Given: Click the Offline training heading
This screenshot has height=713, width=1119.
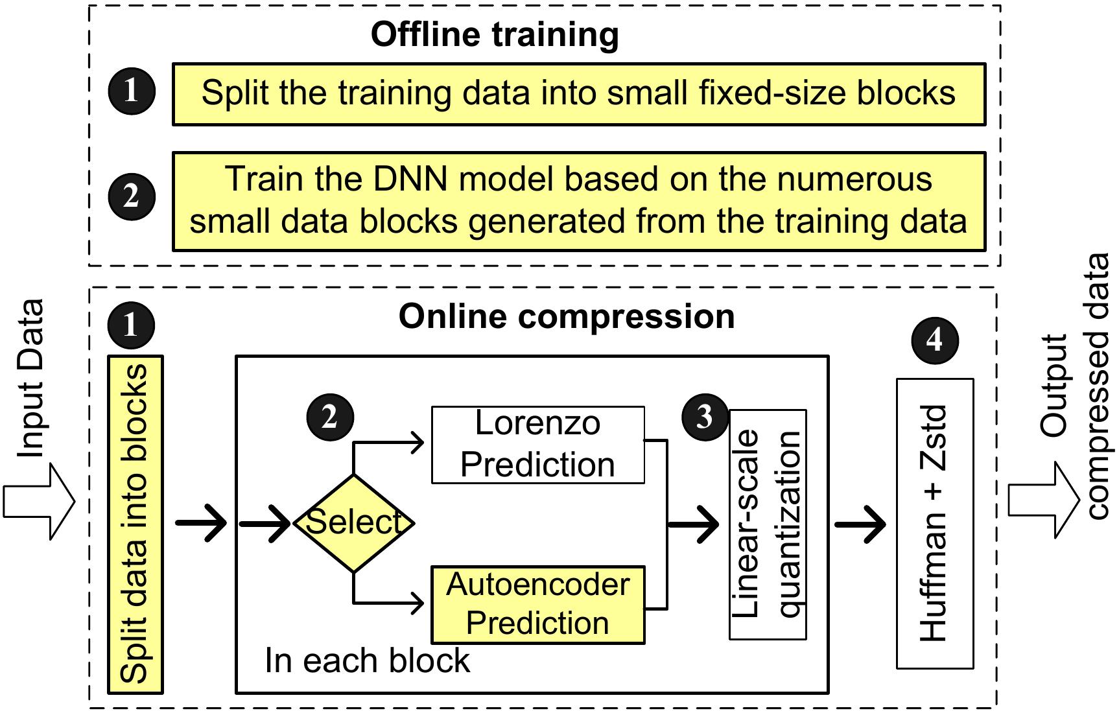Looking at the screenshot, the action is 495,36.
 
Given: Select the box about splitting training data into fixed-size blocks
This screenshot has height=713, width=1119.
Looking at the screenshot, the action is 579,94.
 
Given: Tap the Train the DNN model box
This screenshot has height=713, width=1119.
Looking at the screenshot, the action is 579,202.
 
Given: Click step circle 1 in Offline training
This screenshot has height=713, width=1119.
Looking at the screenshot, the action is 132,91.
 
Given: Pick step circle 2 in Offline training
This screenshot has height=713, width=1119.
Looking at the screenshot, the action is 132,196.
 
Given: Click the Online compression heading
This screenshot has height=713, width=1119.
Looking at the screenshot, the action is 567,317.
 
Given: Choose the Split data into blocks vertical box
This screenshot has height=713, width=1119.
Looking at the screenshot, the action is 135,524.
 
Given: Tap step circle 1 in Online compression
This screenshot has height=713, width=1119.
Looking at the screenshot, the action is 132,325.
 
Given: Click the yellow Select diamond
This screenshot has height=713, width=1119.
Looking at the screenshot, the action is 354,523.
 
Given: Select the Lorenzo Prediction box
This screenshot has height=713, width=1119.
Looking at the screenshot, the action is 538,445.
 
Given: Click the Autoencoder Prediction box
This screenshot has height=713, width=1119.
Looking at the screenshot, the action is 538,605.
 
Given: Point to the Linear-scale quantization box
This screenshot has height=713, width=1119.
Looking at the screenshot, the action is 768,524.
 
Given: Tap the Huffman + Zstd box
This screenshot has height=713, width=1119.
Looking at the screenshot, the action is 935,524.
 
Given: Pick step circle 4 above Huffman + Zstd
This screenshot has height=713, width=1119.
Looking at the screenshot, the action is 935,340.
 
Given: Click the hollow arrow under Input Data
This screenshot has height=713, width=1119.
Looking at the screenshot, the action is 40,502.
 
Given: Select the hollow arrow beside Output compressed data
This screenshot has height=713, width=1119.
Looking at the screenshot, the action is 1044,500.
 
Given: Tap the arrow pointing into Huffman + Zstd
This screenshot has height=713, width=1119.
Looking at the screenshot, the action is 860,524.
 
